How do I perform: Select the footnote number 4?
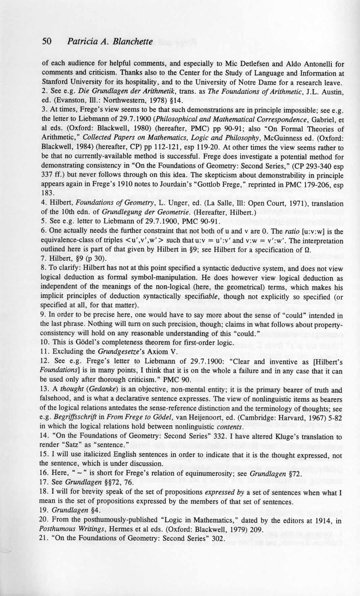pos(44,204)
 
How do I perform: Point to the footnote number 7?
pos(44,260)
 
